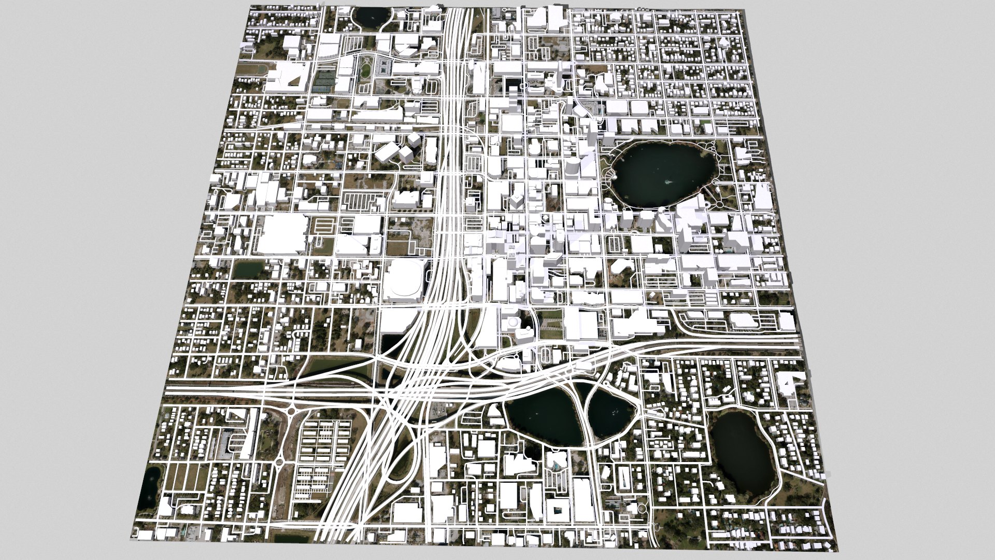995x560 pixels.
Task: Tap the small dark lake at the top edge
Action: tap(371, 16)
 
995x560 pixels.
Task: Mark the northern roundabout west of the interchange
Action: tap(293, 412)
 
